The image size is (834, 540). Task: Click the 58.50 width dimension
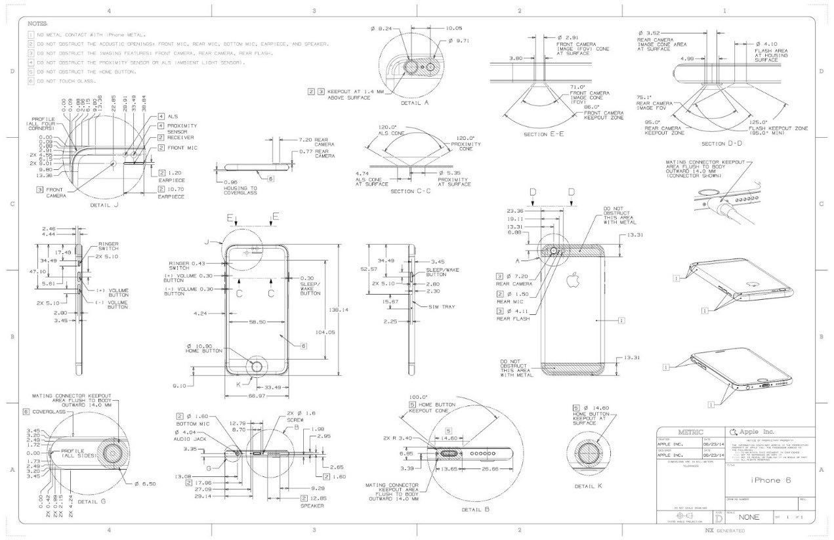[x=257, y=322]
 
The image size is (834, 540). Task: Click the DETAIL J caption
[x=106, y=205]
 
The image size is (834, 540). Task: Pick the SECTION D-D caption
[x=722, y=143]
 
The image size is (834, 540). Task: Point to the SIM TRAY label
[x=442, y=306]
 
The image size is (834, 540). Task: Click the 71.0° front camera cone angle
[x=577, y=87]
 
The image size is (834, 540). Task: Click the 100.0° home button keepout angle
[x=417, y=397]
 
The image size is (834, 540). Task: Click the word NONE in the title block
[x=749, y=517]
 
